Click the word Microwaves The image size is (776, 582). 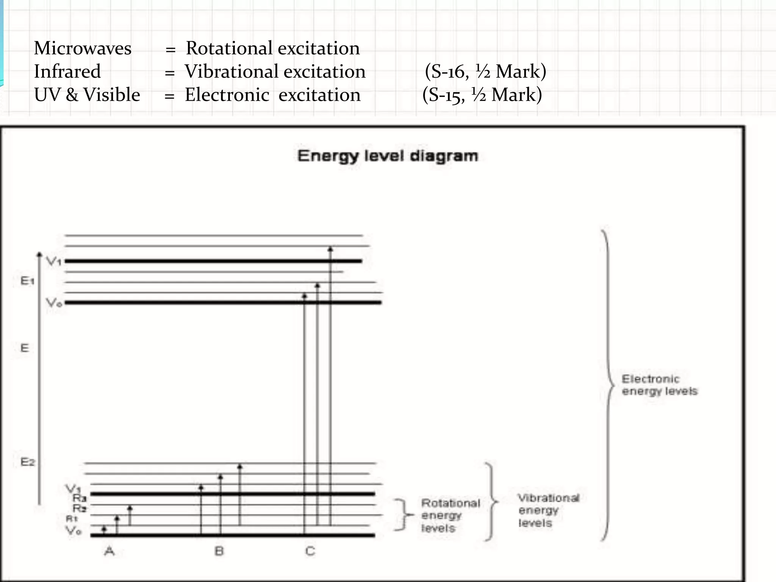[83, 48]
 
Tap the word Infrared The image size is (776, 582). [67, 72]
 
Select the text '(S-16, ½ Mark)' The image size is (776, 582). [485, 72]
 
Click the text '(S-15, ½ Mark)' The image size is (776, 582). [482, 95]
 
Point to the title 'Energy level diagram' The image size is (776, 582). [388, 156]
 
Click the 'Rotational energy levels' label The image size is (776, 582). [450, 515]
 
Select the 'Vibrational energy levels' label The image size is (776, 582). [548, 510]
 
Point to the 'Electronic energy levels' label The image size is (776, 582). [659, 385]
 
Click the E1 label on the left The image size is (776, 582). [27, 281]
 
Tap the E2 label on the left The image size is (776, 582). [27, 462]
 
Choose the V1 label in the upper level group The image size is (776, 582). [53, 261]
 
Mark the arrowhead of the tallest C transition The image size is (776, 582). [330, 249]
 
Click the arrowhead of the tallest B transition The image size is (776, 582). [239, 466]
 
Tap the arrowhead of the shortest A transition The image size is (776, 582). [104, 528]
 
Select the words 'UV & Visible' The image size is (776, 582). [87, 95]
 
